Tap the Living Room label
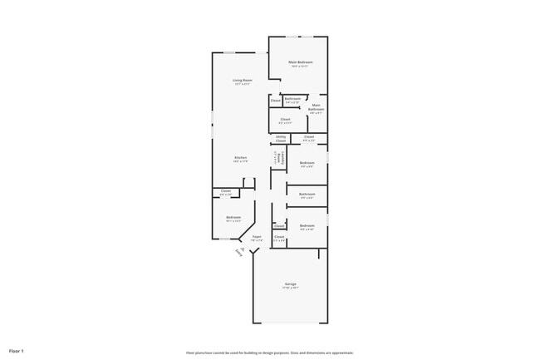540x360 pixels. [242, 80]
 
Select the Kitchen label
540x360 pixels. [240, 157]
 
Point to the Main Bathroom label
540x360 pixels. [316, 107]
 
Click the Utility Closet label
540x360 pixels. [281, 139]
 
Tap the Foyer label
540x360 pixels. [257, 235]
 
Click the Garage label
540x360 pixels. [290, 284]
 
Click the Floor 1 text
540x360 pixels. [17, 351]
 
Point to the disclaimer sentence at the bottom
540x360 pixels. [270, 353]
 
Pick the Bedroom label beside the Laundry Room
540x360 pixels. [307, 162]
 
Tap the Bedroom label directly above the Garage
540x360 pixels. [307, 225]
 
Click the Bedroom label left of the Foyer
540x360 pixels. [233, 217]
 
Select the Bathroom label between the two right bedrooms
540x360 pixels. [307, 194]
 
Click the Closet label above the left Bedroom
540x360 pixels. [226, 190]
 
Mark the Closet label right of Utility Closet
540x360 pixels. [308, 136]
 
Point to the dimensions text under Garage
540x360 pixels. [290, 288]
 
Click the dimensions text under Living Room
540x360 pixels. [242, 84]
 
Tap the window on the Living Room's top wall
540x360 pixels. [228, 53]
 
